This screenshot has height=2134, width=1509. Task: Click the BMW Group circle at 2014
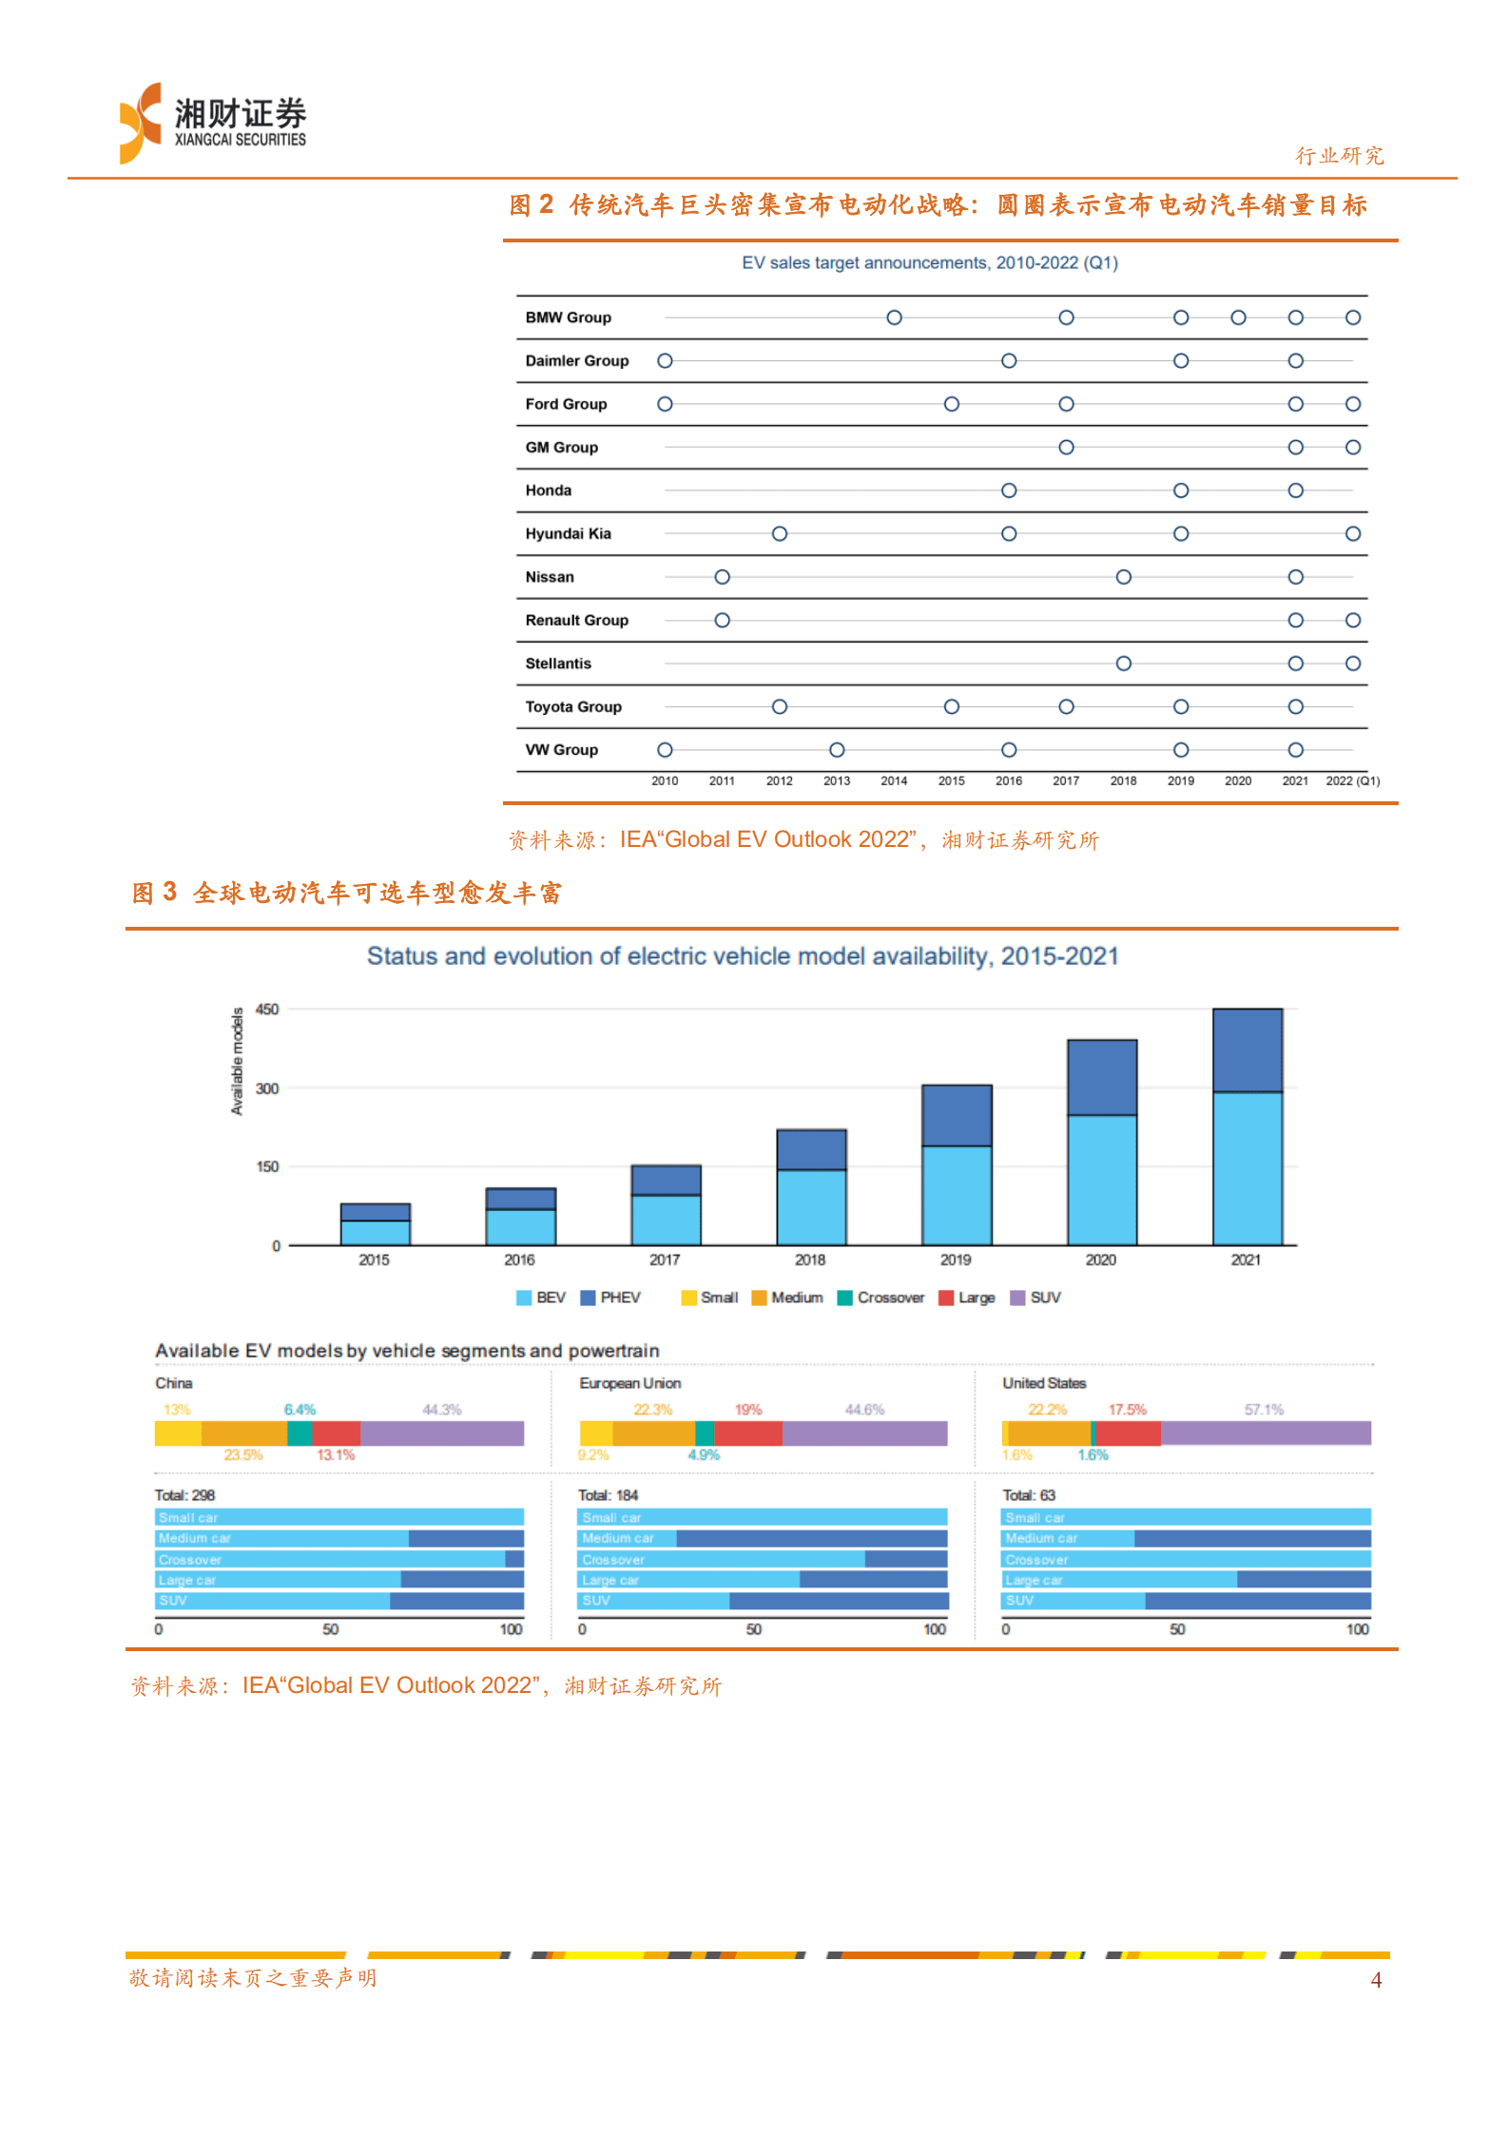[x=894, y=317]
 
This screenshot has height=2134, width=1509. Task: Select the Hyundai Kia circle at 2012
[x=780, y=533]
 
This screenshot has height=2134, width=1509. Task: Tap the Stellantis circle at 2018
[x=1123, y=663]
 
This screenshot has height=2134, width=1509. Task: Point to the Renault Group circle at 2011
[x=723, y=620]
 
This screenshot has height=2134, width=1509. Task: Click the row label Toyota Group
[x=573, y=706]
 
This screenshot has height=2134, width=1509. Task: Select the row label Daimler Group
[x=576, y=360]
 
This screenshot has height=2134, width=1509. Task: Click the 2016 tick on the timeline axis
[x=1008, y=780]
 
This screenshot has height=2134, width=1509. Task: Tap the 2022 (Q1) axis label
[x=1352, y=780]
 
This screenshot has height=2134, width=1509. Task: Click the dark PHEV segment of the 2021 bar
[x=1247, y=1049]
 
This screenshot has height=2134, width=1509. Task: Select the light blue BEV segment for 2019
[x=957, y=1194]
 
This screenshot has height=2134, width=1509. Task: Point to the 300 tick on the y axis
[x=267, y=1088]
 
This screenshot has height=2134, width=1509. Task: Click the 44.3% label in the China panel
[x=442, y=1410]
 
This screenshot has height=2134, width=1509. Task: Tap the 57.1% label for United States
[x=1264, y=1410]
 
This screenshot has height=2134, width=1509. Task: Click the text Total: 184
[x=609, y=1495]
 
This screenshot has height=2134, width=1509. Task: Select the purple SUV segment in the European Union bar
[x=864, y=1433]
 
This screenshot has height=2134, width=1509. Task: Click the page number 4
[x=1376, y=1980]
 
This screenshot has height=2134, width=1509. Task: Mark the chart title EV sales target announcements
[x=929, y=262]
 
